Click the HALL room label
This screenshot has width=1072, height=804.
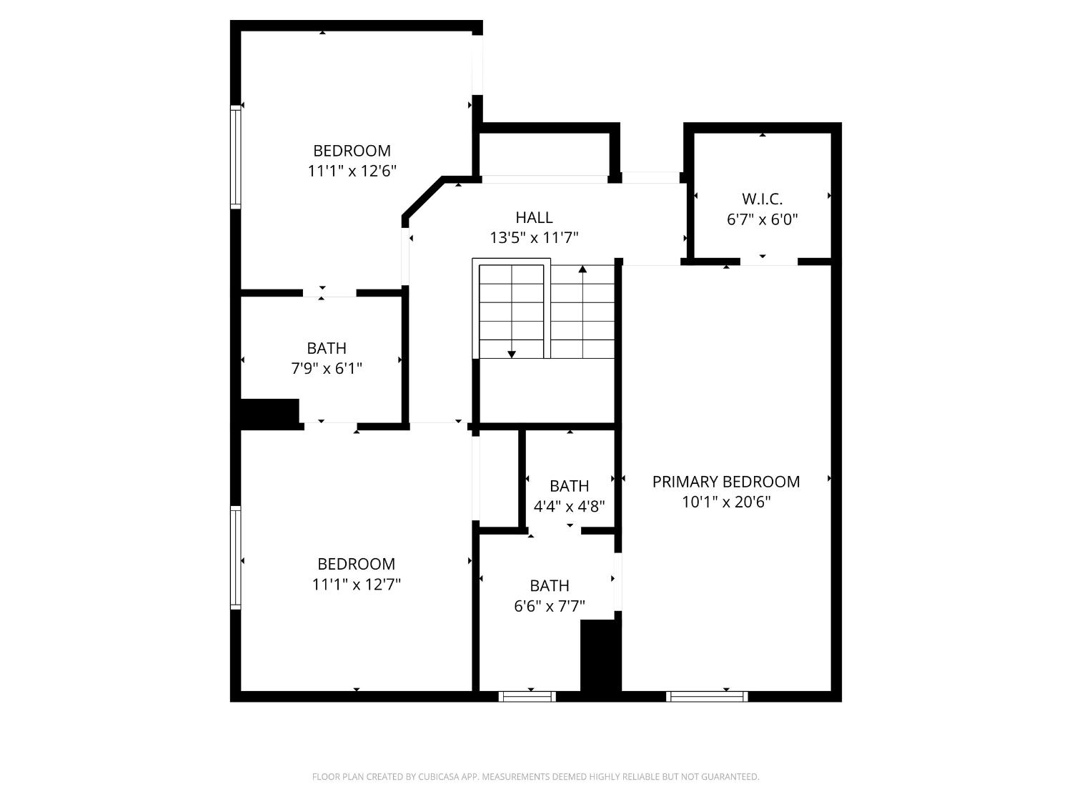pos(534,217)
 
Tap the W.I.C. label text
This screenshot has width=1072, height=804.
pos(762,199)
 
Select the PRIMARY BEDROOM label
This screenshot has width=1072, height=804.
pos(725,482)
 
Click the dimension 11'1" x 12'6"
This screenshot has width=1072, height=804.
pos(352,172)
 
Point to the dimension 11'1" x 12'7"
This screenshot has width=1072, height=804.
pos(356,585)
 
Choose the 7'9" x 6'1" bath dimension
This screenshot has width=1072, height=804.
pos(327,369)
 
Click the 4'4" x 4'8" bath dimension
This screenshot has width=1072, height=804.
pos(570,507)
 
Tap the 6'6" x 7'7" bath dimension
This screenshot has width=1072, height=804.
pos(550,607)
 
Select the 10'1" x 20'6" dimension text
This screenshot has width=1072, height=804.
pos(725,502)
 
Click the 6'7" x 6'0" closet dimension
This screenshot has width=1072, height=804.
pos(762,219)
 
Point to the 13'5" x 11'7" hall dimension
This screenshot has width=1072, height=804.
pos(534,238)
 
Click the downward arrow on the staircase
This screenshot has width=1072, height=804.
pos(512,353)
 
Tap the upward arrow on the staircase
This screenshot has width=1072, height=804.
pos(582,269)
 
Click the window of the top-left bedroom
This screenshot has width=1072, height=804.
pos(235,157)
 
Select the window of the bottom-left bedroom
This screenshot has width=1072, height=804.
pos(235,557)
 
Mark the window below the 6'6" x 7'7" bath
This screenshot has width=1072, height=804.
pos(527,696)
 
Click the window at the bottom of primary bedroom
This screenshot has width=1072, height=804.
pos(707,696)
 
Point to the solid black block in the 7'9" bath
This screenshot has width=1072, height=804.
pos(269,413)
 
